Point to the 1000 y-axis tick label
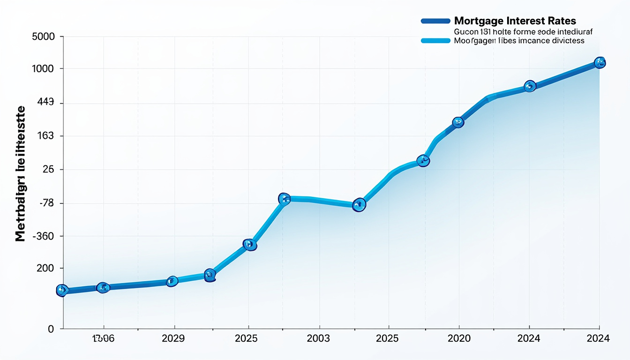pyautogui.click(x=43, y=69)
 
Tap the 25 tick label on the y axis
pyautogui.click(x=48, y=169)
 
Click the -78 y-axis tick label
pyautogui.click(x=45, y=203)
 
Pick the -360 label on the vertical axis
pyautogui.click(x=43, y=236)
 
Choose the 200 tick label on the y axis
pyautogui.click(x=45, y=268)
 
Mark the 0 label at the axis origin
pyautogui.click(x=51, y=329)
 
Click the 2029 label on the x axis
pyautogui.click(x=173, y=338)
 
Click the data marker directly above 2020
pyautogui.click(x=458, y=122)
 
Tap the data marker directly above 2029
pyautogui.click(x=172, y=281)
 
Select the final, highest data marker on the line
pyautogui.click(x=600, y=62)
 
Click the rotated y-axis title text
pyautogui.click(x=21, y=173)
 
